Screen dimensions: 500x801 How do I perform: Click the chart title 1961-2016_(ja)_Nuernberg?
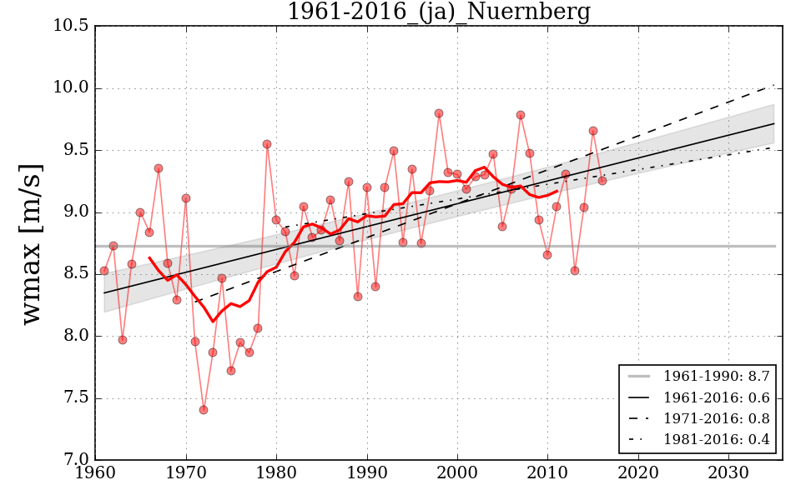point(438,12)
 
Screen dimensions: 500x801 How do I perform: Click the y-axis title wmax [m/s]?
point(32,243)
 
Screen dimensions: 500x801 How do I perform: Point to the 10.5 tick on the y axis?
point(72,27)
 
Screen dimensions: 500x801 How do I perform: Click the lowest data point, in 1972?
point(204,410)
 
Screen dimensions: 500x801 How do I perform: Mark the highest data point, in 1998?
point(439,113)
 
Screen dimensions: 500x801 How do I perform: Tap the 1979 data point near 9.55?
point(267,144)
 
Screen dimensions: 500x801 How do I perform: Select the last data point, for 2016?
point(602,180)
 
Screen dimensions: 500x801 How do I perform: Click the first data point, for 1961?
point(104,271)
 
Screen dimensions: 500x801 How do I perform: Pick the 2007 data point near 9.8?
point(521,115)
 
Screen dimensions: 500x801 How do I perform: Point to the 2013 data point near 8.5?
point(575,271)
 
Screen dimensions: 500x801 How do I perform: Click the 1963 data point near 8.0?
point(123,340)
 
